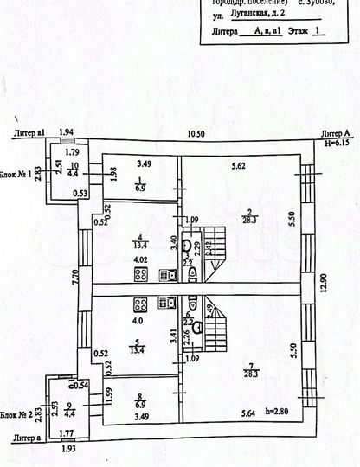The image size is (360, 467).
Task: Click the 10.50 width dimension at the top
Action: click(x=198, y=133)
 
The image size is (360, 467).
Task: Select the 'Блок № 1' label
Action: click(x=16, y=174)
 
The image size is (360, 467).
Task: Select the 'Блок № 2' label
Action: click(x=16, y=415)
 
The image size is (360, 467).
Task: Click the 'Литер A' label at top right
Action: click(x=333, y=133)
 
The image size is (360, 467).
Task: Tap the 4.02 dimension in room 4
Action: click(x=139, y=259)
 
